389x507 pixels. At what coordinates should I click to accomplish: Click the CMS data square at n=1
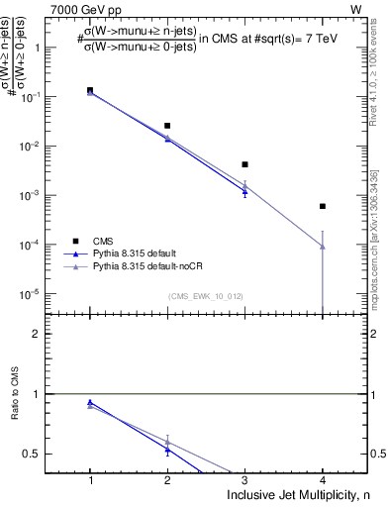tap(90, 90)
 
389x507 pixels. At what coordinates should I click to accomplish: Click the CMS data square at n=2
tap(167, 126)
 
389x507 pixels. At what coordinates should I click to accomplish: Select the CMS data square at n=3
tap(244, 164)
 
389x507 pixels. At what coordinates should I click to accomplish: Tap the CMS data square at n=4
tap(322, 206)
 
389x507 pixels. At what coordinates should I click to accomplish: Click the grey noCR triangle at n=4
tap(322, 247)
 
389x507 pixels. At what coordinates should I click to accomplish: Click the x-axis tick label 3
tap(244, 480)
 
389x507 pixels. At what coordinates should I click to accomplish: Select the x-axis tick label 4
tap(322, 480)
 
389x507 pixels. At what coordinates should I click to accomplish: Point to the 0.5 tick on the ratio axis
tap(44, 454)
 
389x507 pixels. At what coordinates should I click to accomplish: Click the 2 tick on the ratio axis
tap(48, 334)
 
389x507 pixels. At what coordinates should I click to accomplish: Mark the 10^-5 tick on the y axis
tap(42, 294)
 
